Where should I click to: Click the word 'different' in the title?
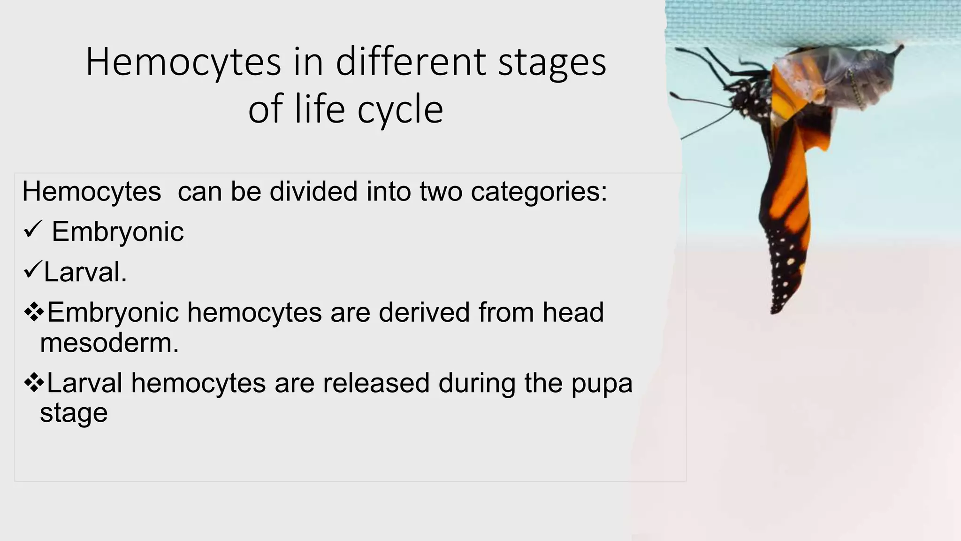click(x=411, y=62)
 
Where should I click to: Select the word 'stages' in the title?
click(x=552, y=64)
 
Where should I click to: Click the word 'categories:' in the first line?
click(x=539, y=192)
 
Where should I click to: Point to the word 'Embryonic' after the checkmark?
click(x=117, y=232)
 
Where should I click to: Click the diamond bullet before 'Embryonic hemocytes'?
click(x=34, y=312)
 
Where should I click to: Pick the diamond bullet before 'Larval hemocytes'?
click(x=34, y=383)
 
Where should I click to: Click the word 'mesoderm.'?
click(x=109, y=343)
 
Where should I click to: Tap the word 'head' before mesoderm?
click(x=573, y=312)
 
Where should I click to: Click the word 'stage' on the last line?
click(x=74, y=413)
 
